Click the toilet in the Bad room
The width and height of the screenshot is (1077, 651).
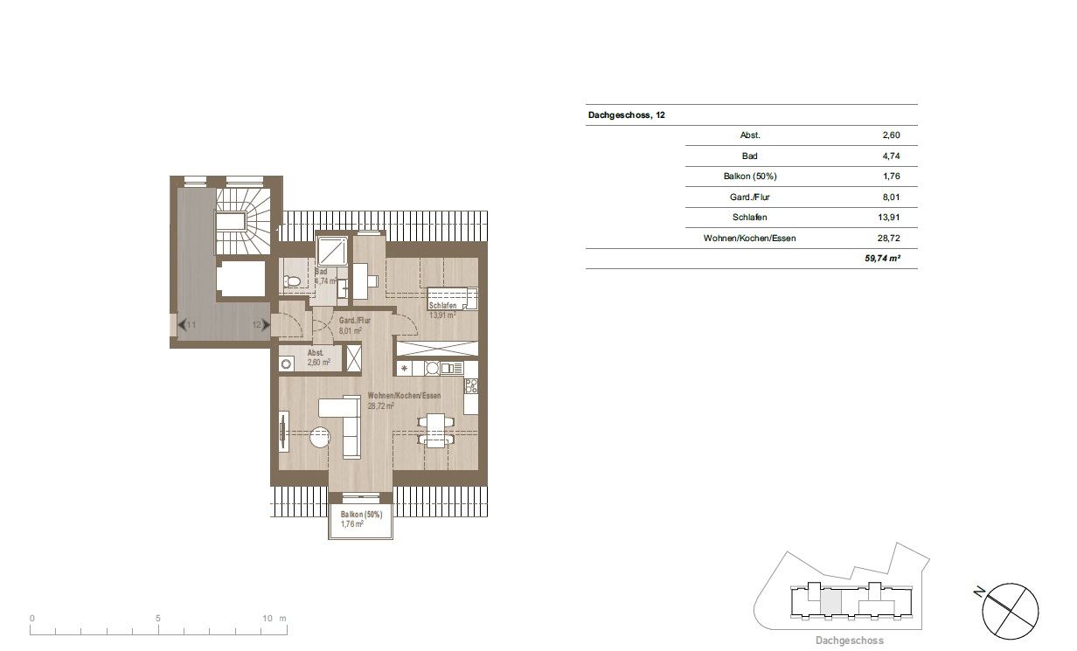[292, 281]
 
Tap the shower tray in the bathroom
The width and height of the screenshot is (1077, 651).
[332, 252]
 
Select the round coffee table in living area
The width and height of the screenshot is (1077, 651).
[320, 437]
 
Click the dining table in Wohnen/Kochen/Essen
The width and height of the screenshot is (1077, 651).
[435, 430]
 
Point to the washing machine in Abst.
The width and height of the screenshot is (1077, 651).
[286, 364]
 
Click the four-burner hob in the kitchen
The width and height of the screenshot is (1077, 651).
[471, 386]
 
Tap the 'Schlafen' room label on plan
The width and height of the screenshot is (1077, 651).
[442, 306]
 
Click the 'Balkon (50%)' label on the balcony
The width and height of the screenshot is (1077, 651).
[361, 515]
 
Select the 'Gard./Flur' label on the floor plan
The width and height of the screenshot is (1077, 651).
[355, 321]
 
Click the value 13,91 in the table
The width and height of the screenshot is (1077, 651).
[888, 218]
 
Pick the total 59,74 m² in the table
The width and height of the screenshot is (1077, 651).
[882, 259]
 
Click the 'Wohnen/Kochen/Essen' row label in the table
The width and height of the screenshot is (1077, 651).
[749, 239]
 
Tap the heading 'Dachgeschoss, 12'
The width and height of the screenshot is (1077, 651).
[627, 115]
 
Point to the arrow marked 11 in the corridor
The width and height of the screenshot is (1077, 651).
[182, 325]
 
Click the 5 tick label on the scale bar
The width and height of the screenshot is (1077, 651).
[157, 619]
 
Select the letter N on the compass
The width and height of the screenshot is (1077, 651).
[979, 592]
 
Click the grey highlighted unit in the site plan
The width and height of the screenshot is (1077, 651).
[830, 602]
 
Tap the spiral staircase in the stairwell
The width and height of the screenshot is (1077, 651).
[243, 221]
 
